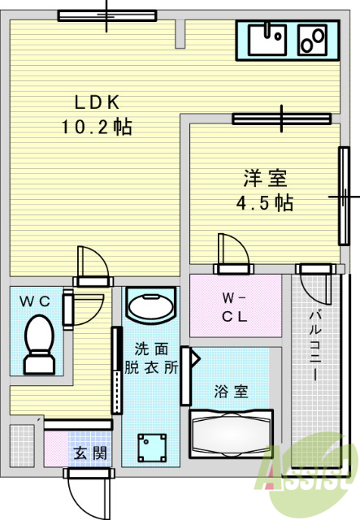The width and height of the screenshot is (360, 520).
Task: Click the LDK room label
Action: coord(97,102)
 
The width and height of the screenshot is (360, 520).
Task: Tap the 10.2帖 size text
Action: coord(97,127)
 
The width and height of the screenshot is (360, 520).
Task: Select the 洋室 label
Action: coord(265,178)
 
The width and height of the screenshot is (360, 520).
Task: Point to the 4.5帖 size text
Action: coord(265,202)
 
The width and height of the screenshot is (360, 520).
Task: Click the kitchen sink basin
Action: coord(267,40)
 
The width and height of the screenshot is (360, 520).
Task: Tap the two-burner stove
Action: coord(313,40)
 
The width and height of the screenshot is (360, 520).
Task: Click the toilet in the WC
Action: coord(40,344)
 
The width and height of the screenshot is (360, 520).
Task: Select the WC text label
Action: coord(35,301)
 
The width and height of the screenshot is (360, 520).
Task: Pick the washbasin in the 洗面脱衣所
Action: coord(151,305)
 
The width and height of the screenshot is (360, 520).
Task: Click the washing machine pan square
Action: coord(152,448)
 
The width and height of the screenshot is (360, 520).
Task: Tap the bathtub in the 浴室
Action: coord(232,434)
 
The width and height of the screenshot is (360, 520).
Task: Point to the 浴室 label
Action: coord(232,392)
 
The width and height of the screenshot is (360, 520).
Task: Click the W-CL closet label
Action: coord(235,307)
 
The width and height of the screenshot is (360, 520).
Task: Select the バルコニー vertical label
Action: coord(315,344)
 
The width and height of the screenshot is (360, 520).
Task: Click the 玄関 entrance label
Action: coord(90,453)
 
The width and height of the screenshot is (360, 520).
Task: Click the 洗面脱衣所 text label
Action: coord(151,358)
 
